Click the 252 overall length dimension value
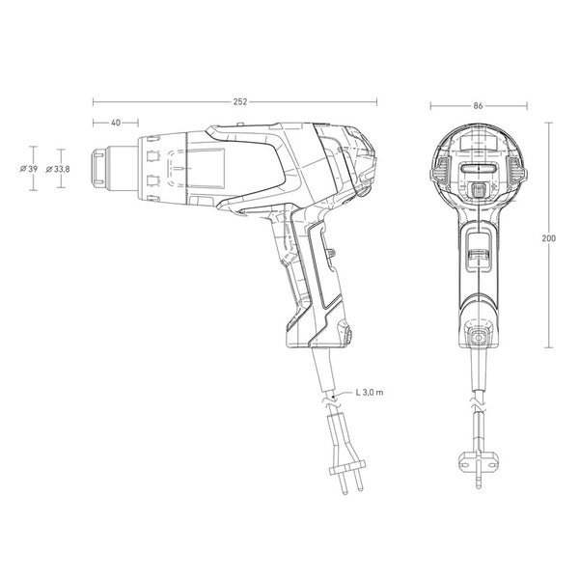point(240,102)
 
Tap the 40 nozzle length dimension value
point(116,123)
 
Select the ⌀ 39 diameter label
point(29,169)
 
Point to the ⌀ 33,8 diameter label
point(58,170)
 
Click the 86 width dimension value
point(478,106)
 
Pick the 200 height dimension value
point(549,238)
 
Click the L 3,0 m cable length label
point(370,392)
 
